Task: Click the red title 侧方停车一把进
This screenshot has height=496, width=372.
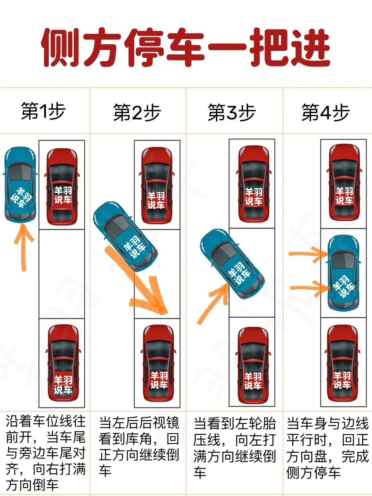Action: coord(186,47)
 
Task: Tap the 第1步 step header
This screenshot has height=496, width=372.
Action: coord(43,111)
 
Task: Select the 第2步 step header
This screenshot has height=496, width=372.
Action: coord(137,113)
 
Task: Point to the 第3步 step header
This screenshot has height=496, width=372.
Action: coord(232,113)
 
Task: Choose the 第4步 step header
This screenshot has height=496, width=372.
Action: coord(326,113)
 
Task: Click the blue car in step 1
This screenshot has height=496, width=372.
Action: coord(20,184)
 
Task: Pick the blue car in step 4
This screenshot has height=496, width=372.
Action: coord(343,272)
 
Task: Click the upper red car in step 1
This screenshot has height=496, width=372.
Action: coord(62,186)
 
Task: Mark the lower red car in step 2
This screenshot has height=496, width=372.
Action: coord(158,364)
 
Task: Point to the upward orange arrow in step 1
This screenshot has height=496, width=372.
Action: coord(23,246)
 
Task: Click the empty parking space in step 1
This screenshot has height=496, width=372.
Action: coord(62,274)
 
